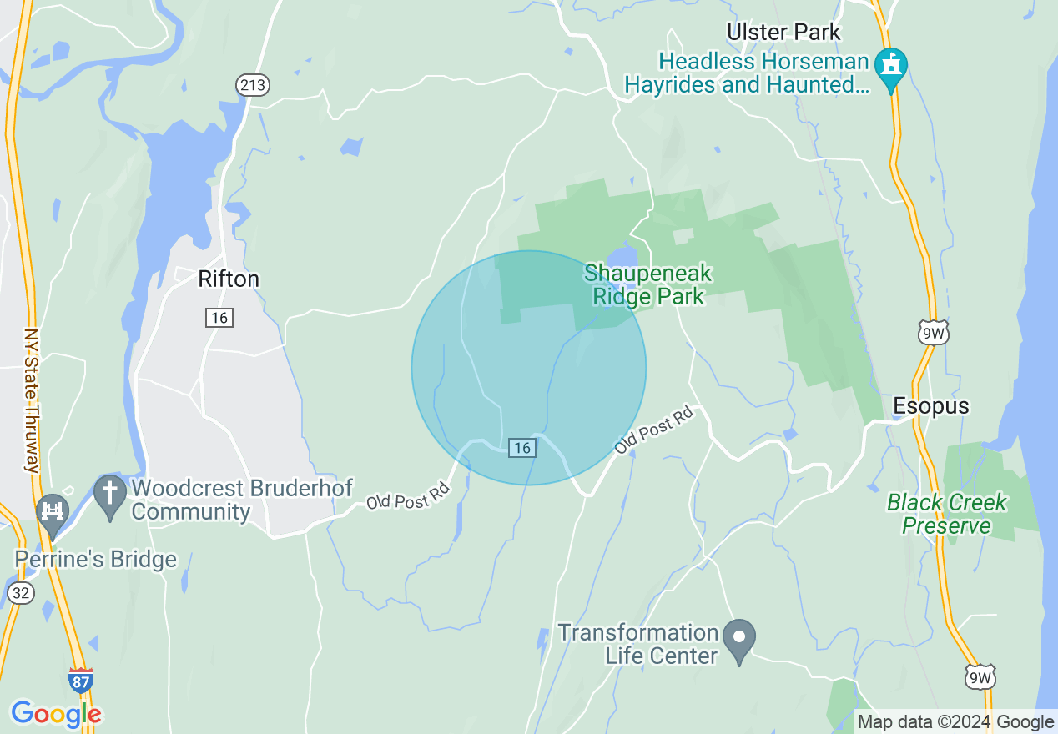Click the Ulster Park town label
(x=783, y=33)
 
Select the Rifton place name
(x=229, y=279)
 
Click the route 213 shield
(x=252, y=84)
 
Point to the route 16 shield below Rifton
(x=219, y=317)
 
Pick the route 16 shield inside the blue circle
(x=522, y=448)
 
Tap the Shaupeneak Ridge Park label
(x=647, y=284)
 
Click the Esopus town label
(x=931, y=406)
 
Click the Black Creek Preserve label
(x=946, y=514)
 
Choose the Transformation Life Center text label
(x=638, y=644)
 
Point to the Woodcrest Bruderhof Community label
(x=242, y=499)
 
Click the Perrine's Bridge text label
(x=97, y=559)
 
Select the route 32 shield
(x=20, y=592)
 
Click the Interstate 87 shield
(x=81, y=680)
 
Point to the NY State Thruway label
(x=32, y=400)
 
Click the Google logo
(x=56, y=714)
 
